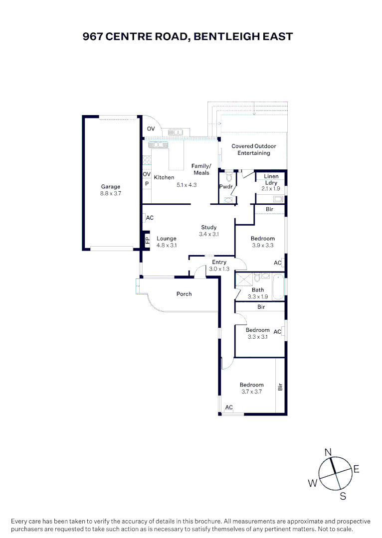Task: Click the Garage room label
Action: pos(110,187)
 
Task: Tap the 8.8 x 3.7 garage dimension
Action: pos(110,193)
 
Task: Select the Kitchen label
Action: pos(164,177)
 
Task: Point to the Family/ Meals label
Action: pos(201,169)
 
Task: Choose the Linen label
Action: pos(271,177)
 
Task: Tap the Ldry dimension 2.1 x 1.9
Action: pos(271,189)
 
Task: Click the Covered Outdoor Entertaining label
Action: pos(253,149)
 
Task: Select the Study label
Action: pos(208,227)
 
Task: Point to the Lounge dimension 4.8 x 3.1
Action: pos(167,245)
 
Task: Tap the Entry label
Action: pos(219,262)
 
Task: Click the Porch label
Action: pos(184,294)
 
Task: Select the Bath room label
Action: pos(258,290)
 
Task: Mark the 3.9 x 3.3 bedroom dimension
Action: pos(262,245)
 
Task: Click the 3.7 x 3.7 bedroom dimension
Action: pos(251,392)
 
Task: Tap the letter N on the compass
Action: pos(328,452)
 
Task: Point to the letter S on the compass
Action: pos(343,496)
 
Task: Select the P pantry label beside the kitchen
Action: pos(147,184)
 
